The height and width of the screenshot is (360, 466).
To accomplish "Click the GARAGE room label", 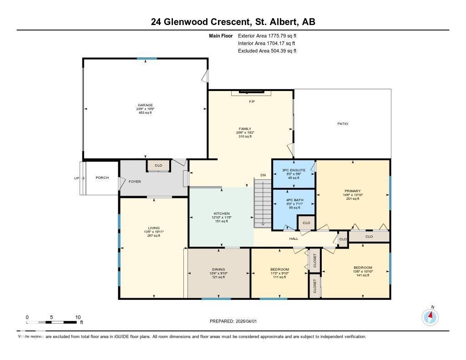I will coord(145,105).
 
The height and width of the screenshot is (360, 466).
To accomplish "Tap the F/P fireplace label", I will coord(252,101).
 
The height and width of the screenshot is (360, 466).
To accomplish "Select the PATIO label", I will coord(343,124).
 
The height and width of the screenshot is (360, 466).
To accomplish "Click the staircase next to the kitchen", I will coord(262,203).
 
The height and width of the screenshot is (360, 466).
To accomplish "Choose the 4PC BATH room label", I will coord(294,199).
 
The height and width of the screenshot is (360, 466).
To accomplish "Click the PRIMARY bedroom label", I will coord(353,191).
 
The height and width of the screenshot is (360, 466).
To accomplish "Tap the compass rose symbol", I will coord(430,317).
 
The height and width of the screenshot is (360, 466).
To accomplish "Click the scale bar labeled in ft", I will coord(51,322).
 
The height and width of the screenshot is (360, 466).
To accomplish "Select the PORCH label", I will coord(102,178).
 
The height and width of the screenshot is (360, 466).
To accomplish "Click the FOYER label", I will coord(135,182).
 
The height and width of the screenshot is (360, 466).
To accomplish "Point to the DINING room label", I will coord(218,269).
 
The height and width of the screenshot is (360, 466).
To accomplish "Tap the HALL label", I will coord(294,238).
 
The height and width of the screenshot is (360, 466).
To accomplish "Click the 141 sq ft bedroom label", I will coord(363,268).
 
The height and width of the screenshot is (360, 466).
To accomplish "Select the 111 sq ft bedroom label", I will coord(279,269).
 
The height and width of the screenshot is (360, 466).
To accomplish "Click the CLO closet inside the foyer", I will coord(158,166).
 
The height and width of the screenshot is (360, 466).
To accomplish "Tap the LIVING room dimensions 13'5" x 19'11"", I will coord(153,232).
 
